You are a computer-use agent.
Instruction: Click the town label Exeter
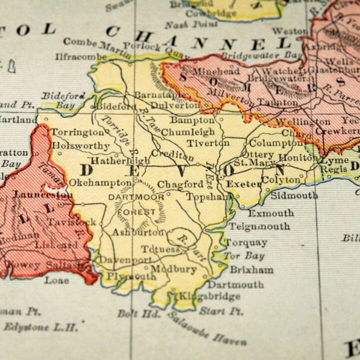[243, 184]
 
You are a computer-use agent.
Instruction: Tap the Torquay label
[246, 243]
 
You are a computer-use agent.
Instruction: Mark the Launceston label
[43, 195]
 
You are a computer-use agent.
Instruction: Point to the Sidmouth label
[294, 195]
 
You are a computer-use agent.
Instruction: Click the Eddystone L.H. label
[41, 327]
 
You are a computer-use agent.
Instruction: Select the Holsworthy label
[80, 146]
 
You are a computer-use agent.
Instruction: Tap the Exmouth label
[271, 213]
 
